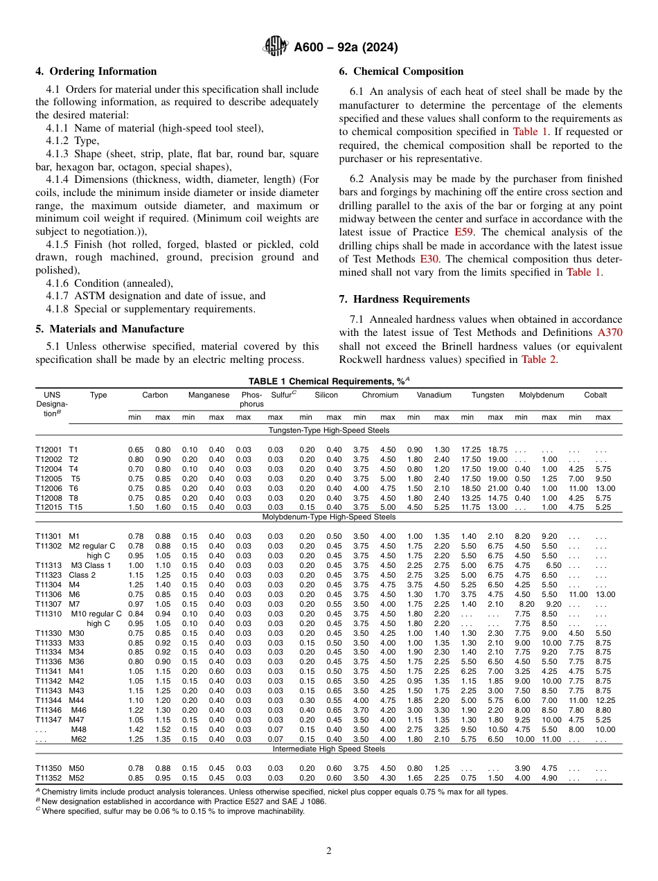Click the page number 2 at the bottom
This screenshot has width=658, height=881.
(329, 851)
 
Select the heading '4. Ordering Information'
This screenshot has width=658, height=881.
(96, 71)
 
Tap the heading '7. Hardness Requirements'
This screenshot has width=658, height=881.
(404, 299)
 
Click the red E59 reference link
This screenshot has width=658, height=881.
(463, 232)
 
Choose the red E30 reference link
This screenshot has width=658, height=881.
(429, 259)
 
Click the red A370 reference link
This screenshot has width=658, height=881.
(610, 332)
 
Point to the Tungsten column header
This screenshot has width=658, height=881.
(488, 395)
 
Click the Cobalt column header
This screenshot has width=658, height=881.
(595, 395)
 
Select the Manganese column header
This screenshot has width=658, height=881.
(208, 395)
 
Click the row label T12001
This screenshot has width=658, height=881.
(48, 450)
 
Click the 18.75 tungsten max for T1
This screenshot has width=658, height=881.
(497, 450)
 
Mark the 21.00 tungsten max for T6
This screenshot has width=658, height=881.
(497, 488)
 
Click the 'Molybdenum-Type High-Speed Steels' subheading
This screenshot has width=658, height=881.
(329, 517)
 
